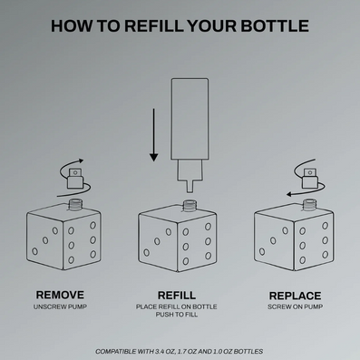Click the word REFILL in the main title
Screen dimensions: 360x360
(153, 25)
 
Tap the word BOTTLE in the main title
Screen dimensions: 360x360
(275, 25)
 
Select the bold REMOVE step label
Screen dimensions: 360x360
(60, 295)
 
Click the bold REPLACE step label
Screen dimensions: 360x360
(295, 296)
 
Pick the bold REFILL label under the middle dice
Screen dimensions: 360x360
(177, 295)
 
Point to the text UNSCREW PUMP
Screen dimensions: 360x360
(60, 306)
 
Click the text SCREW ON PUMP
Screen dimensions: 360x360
(295, 306)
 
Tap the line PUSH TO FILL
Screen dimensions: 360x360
(177, 315)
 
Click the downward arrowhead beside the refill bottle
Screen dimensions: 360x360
(154, 157)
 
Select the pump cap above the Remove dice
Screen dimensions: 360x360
(74, 179)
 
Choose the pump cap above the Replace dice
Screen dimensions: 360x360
(310, 179)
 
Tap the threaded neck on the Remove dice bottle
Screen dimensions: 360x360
(75, 204)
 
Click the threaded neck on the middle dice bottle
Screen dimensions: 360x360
(189, 206)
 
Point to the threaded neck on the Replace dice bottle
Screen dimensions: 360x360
(308, 205)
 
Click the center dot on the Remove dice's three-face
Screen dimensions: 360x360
(45, 240)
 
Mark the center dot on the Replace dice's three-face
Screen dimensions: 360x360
(273, 241)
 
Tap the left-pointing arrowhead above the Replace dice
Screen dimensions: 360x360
(289, 194)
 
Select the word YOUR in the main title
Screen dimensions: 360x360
(212, 25)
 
